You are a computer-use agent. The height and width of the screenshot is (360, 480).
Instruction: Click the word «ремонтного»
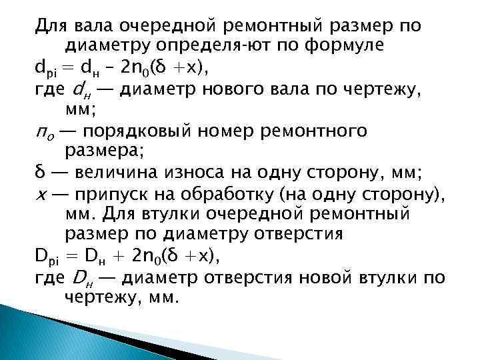[x=359, y=131]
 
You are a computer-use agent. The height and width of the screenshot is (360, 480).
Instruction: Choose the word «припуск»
[x=118, y=195]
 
